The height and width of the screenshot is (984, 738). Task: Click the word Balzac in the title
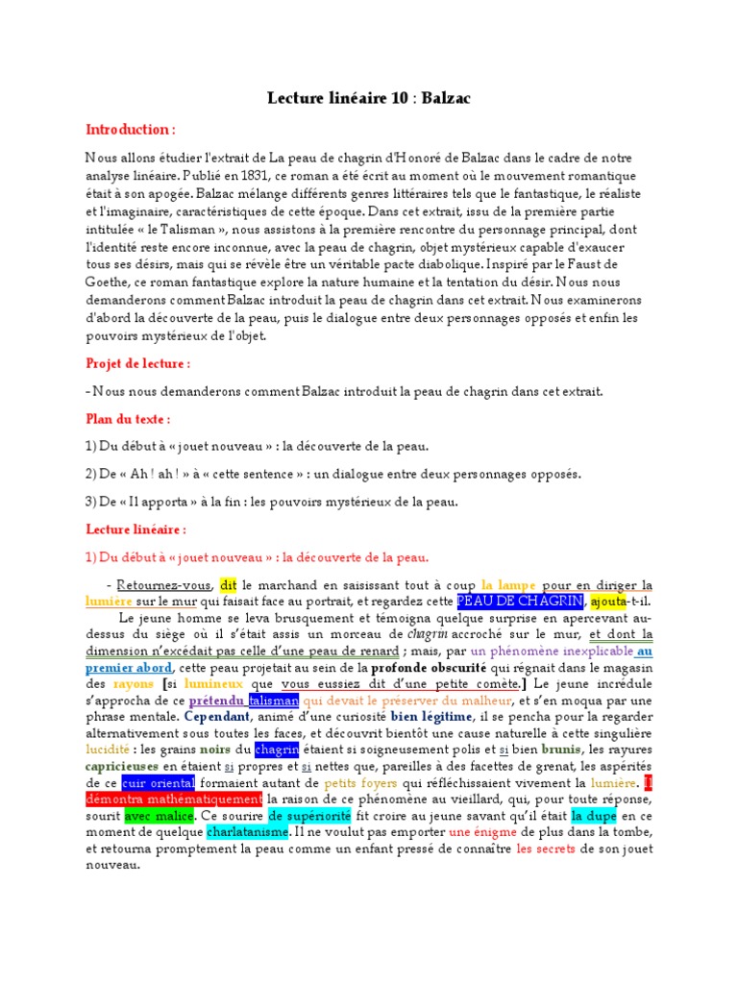click(x=446, y=98)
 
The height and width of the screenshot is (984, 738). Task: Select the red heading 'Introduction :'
click(x=130, y=129)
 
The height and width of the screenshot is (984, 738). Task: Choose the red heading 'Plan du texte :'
click(x=128, y=419)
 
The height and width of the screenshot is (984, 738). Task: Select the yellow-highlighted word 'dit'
click(x=228, y=584)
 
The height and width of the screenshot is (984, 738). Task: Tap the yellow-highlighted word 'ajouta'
click(x=609, y=601)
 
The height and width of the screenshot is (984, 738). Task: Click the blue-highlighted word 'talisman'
click(x=274, y=701)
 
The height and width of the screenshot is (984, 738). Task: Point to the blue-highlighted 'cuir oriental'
click(x=158, y=783)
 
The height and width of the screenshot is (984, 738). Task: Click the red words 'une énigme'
click(x=479, y=832)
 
